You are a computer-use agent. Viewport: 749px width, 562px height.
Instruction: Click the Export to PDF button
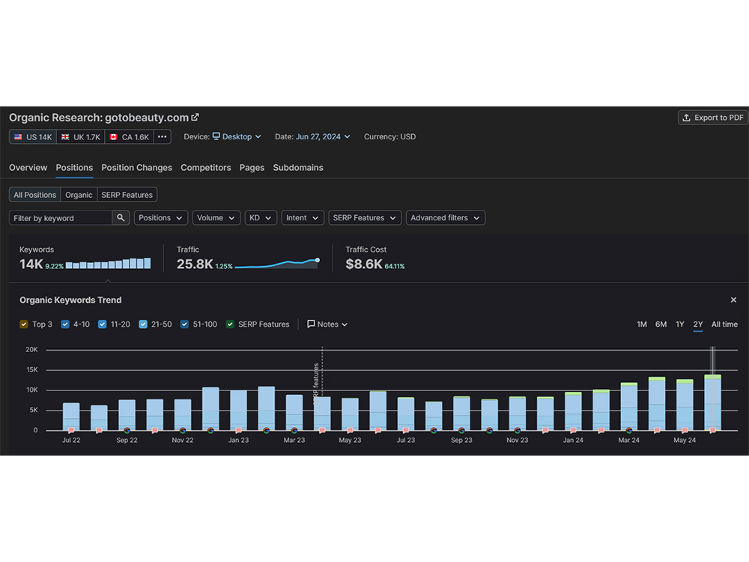click(713, 118)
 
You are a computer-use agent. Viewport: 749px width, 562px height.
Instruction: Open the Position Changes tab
click(136, 168)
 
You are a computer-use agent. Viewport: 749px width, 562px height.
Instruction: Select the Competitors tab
click(205, 168)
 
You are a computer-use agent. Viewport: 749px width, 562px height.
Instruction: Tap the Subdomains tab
click(298, 168)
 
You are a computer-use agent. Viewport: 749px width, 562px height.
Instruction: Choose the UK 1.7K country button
click(81, 136)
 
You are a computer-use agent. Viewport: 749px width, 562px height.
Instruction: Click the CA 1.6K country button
click(129, 136)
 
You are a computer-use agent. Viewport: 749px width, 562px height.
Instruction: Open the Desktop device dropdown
click(237, 136)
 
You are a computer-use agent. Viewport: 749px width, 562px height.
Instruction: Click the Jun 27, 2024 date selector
click(323, 136)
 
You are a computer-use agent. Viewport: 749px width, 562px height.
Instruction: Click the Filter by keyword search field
click(61, 218)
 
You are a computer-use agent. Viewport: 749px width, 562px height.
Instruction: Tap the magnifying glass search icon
click(121, 218)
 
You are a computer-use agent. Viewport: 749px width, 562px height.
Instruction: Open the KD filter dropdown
click(261, 218)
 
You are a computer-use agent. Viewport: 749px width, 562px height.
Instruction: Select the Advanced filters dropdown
click(445, 218)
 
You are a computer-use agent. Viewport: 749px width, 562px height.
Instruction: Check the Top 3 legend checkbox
click(24, 324)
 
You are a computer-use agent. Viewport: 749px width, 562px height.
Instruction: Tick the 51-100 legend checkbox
click(184, 324)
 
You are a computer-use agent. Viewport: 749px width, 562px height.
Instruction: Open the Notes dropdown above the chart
click(327, 324)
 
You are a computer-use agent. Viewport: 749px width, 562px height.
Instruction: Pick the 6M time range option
click(661, 324)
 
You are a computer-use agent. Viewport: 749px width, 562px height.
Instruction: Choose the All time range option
click(724, 324)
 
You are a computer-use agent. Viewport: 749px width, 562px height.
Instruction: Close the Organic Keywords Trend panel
click(733, 300)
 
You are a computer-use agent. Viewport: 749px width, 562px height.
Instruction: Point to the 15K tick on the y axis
click(32, 370)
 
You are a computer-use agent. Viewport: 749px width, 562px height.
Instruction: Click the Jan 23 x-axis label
click(238, 440)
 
